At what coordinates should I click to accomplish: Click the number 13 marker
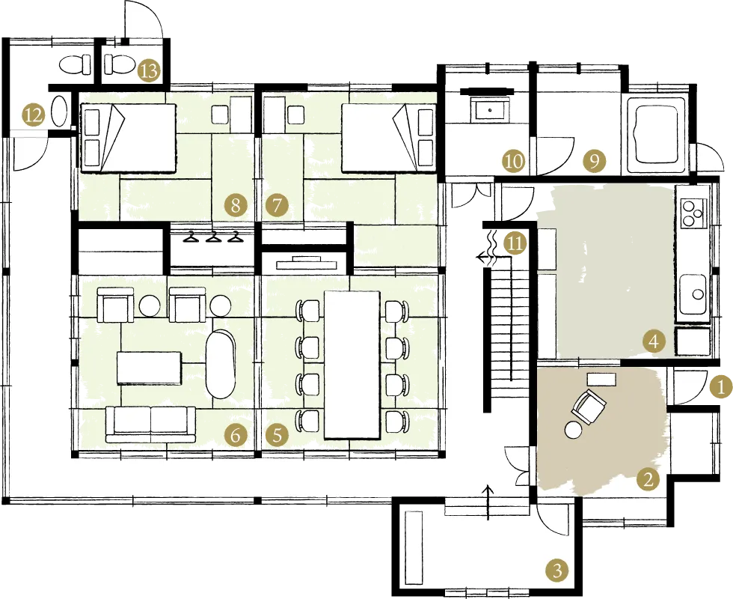[150, 72]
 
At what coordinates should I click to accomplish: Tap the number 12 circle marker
[33, 115]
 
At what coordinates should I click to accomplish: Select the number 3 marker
[557, 571]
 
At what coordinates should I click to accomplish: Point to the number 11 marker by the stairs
[515, 244]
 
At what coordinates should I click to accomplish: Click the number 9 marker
[594, 161]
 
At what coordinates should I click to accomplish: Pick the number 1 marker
[720, 387]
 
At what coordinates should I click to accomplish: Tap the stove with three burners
[693, 212]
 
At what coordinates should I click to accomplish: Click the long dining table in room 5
[352, 365]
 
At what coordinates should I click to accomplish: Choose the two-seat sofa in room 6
[150, 424]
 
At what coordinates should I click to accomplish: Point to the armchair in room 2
[588, 407]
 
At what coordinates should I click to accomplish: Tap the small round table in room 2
[573, 429]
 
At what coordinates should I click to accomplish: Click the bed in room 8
[129, 138]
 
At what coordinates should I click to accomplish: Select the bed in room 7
[389, 138]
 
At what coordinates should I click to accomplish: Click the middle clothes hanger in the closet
[213, 237]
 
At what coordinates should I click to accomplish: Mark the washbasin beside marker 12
[59, 111]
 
